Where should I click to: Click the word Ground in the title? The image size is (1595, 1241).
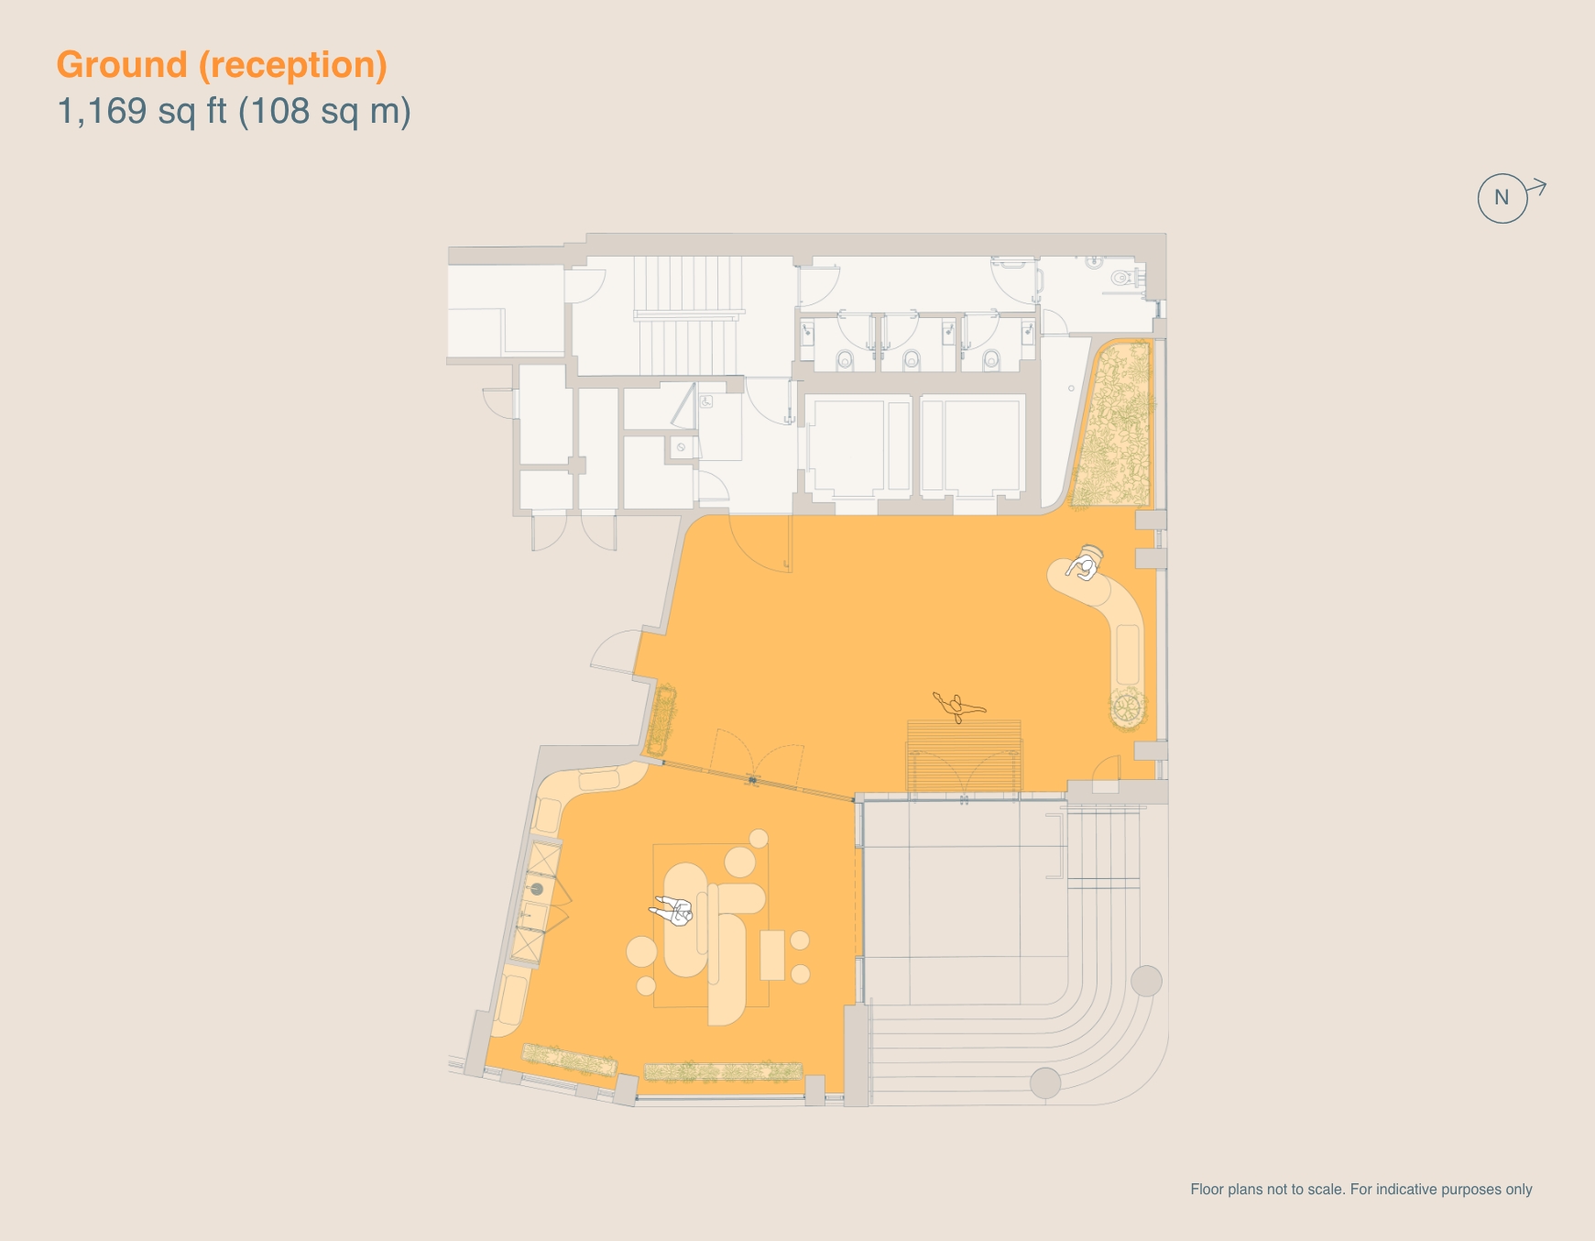(122, 65)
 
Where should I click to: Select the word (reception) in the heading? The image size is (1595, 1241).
(293, 65)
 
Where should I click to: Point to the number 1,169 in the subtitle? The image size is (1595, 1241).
(102, 111)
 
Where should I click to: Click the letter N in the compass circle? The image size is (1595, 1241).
(1502, 197)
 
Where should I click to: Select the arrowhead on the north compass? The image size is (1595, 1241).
(1540, 187)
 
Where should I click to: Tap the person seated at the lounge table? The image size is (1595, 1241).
(674, 910)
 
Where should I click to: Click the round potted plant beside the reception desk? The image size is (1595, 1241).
(1127, 708)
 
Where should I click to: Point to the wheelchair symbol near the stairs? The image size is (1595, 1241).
(705, 401)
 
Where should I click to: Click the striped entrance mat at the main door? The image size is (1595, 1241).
(964, 755)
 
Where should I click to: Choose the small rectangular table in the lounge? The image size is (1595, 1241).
(772, 955)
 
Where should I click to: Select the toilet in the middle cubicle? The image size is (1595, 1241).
(911, 360)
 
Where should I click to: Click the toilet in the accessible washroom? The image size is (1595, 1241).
(1120, 277)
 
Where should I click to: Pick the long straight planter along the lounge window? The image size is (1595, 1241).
(723, 1071)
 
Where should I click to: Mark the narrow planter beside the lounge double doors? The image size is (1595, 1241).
(661, 719)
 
